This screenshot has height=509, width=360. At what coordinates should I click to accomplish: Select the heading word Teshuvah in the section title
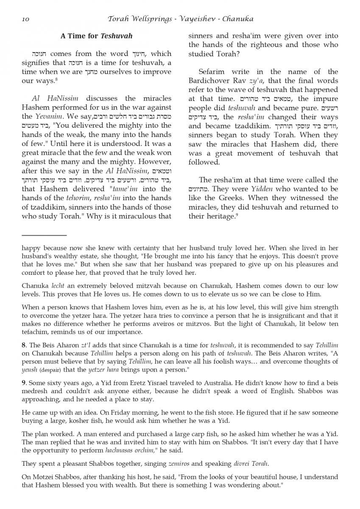click(116, 36)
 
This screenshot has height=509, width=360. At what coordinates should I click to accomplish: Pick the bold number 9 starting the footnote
click(24, 383)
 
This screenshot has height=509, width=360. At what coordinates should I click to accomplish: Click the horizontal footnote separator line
click(44, 235)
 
